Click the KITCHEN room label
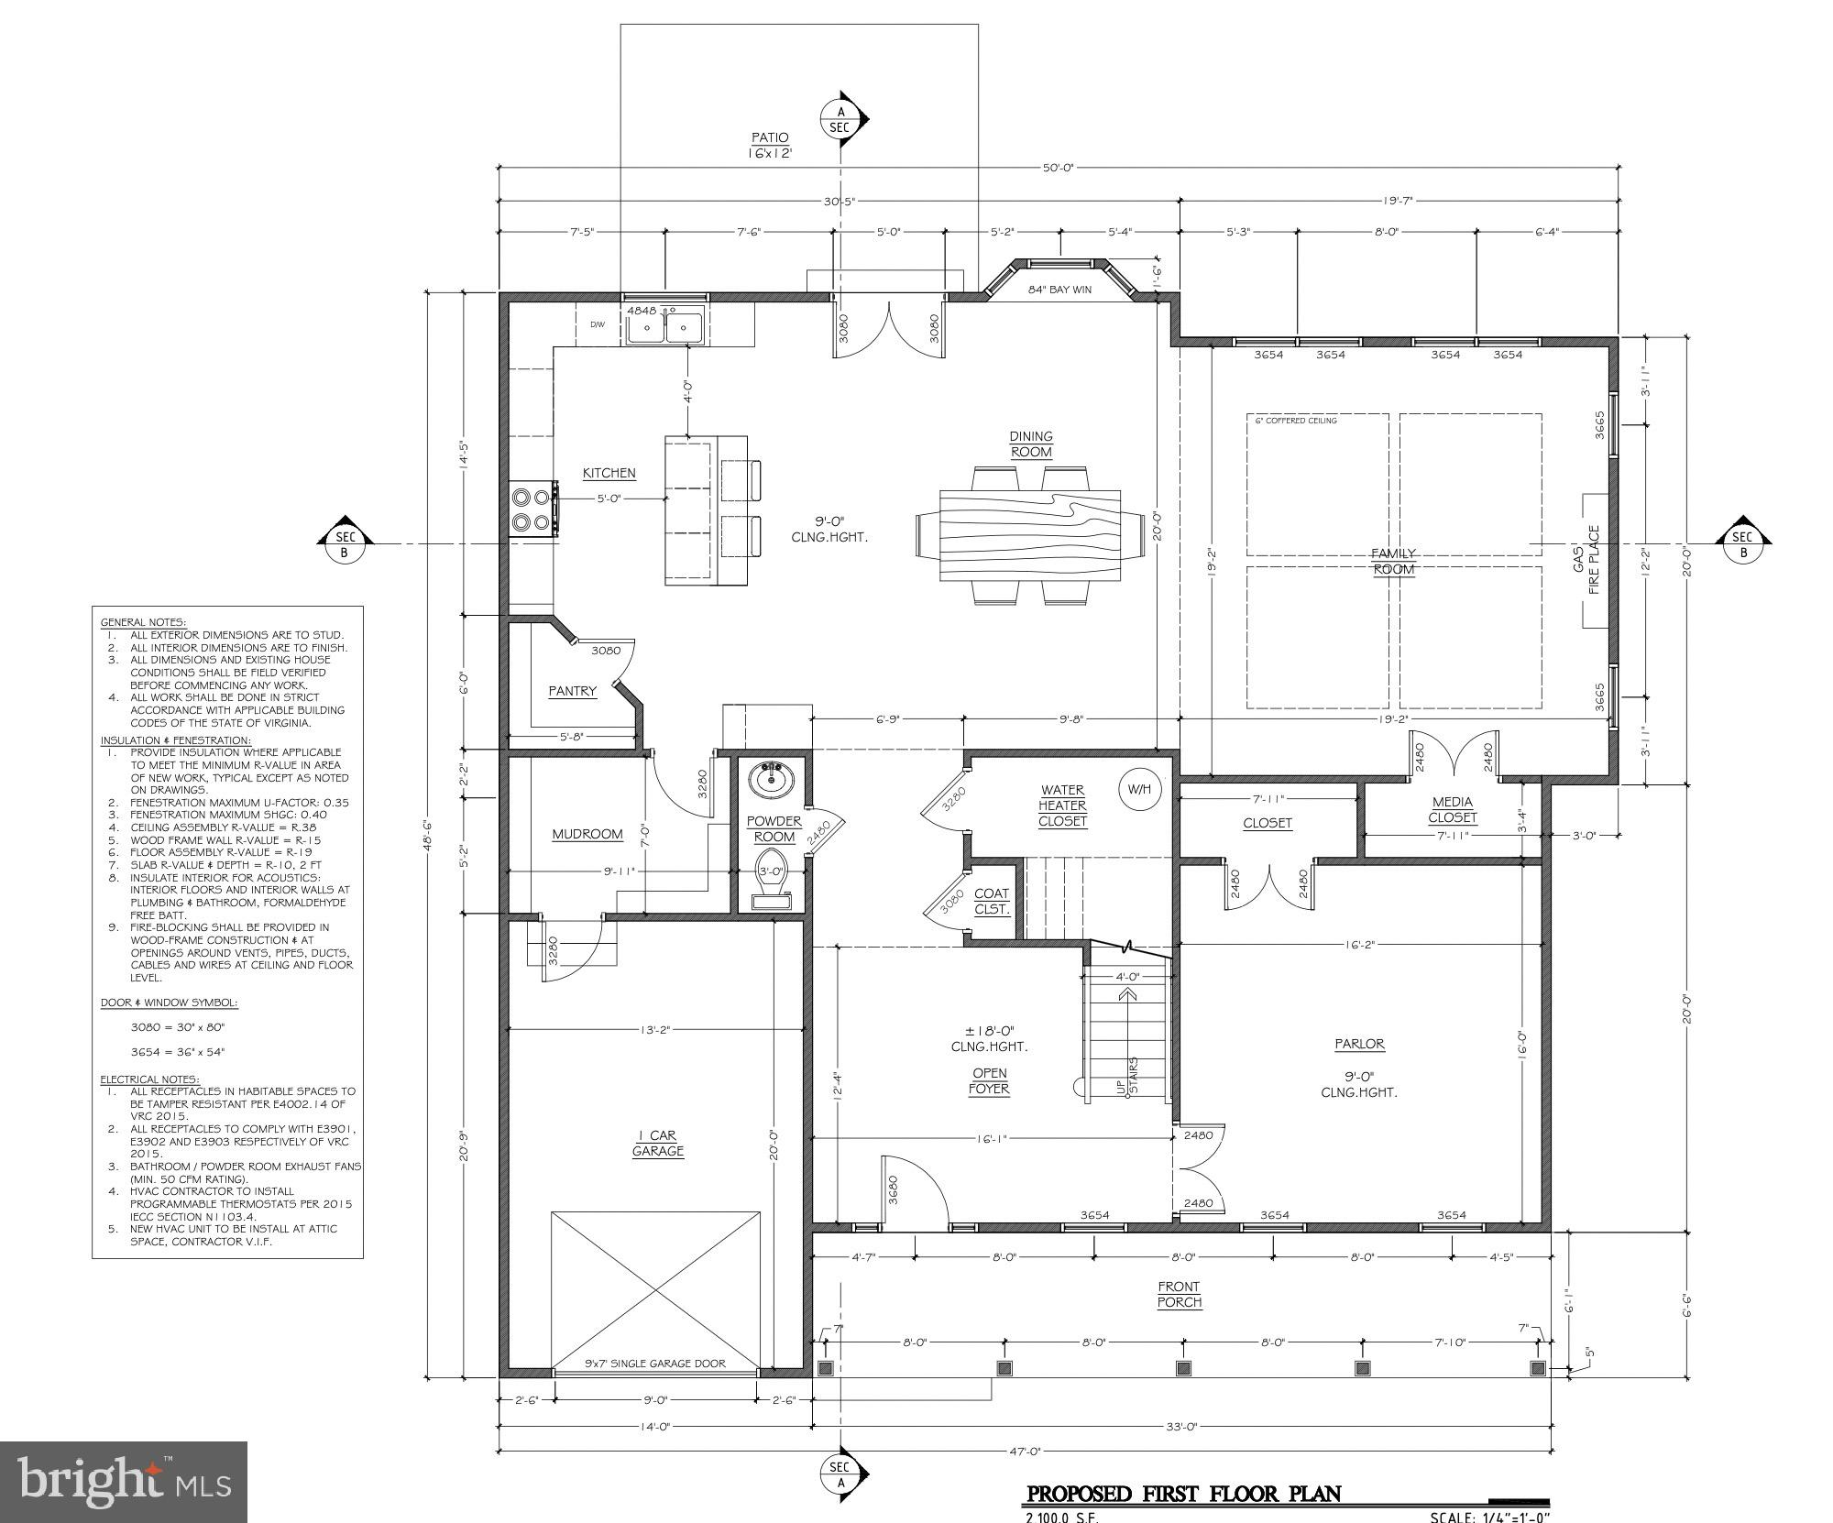coord(609,473)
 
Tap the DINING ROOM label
coord(1031,444)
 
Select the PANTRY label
coord(572,691)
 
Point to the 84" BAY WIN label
coord(1059,290)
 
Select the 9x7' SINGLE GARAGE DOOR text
coord(654,1364)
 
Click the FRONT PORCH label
coord(1179,1294)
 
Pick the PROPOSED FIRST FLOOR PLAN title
coord(1183,1495)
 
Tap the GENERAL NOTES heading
coord(142,622)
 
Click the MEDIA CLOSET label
coord(1453,809)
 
